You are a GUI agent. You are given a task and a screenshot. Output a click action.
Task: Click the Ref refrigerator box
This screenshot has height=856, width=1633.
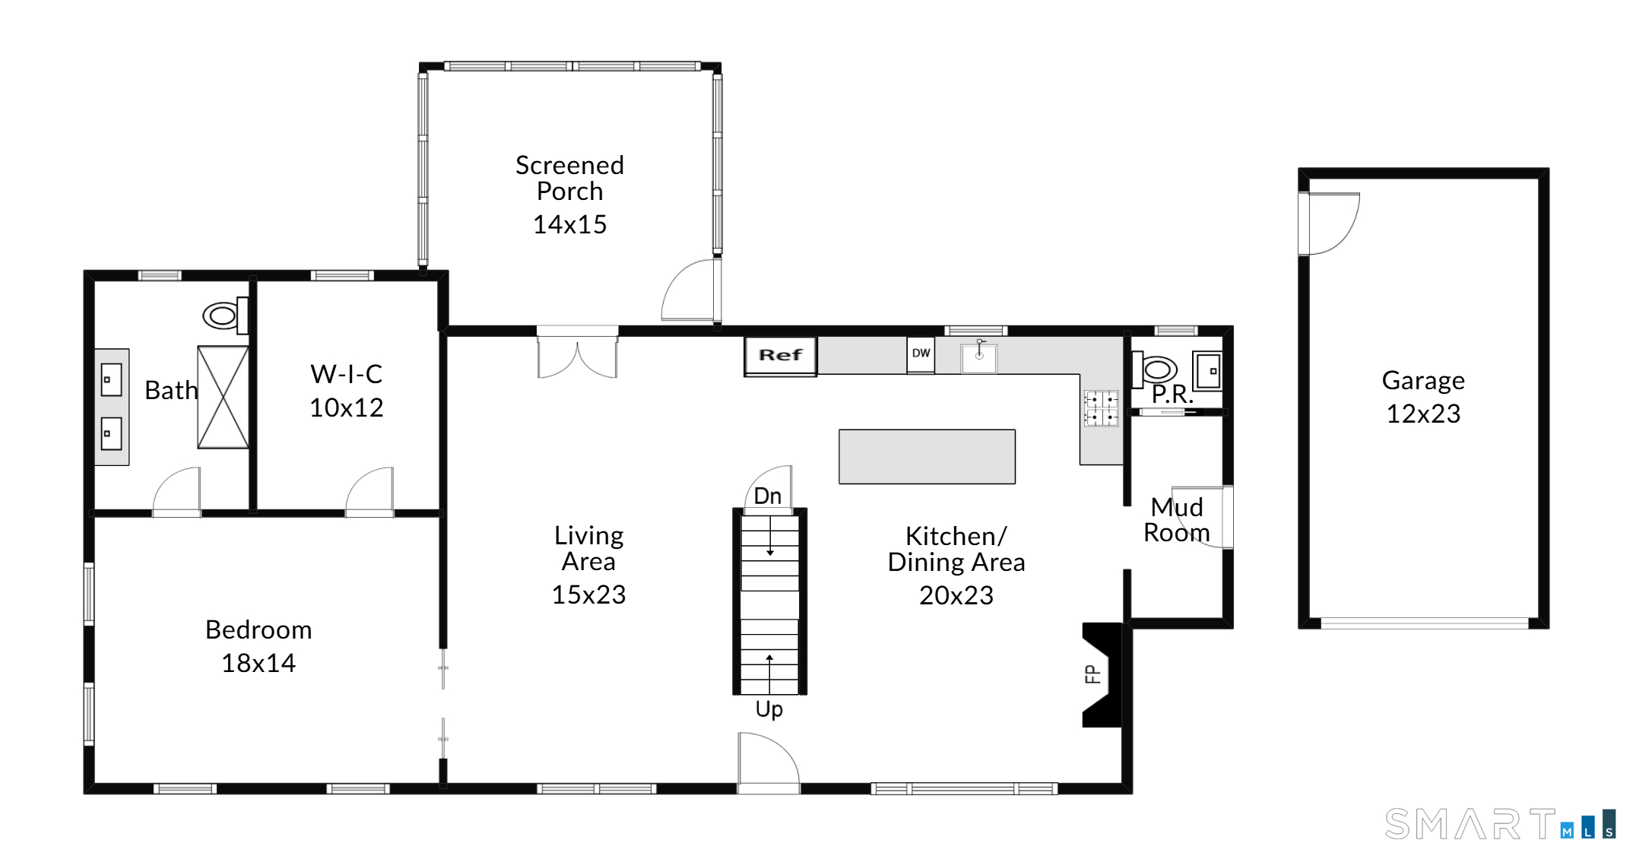780,356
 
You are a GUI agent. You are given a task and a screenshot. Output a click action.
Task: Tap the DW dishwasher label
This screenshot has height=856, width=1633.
921,353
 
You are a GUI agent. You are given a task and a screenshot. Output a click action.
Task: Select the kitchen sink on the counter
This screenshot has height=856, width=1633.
979,357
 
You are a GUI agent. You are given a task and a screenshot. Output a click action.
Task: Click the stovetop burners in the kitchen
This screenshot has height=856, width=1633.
1101,408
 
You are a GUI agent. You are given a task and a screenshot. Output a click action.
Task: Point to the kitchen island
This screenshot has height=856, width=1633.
927,456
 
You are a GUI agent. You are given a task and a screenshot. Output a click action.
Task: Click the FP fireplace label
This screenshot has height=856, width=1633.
1092,674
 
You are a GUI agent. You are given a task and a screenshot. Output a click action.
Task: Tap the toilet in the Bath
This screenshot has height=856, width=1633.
225,315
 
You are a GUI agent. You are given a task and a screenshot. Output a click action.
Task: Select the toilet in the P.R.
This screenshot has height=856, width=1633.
1154,369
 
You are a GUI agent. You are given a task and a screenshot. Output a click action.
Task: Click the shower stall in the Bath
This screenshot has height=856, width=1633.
223,397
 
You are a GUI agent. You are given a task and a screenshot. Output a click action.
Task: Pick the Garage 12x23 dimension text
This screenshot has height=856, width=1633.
1423,414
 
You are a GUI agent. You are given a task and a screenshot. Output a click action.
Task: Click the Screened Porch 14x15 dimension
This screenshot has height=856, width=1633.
569,224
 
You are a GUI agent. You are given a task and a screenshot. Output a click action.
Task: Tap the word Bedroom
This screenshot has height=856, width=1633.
258,629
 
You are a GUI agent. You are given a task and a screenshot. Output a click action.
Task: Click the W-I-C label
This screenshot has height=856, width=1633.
347,374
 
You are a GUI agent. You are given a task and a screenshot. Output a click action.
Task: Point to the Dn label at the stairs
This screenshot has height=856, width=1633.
768,496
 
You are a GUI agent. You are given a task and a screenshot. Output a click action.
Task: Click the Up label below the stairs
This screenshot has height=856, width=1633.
769,709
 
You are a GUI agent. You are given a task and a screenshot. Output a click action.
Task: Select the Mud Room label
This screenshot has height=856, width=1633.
1177,520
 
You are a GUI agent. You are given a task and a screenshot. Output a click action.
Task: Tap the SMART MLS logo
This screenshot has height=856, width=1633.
1500,824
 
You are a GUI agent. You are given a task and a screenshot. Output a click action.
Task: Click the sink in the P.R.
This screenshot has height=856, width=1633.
1207,371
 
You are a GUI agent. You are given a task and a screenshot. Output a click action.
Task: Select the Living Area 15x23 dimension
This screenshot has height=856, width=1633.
588,594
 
